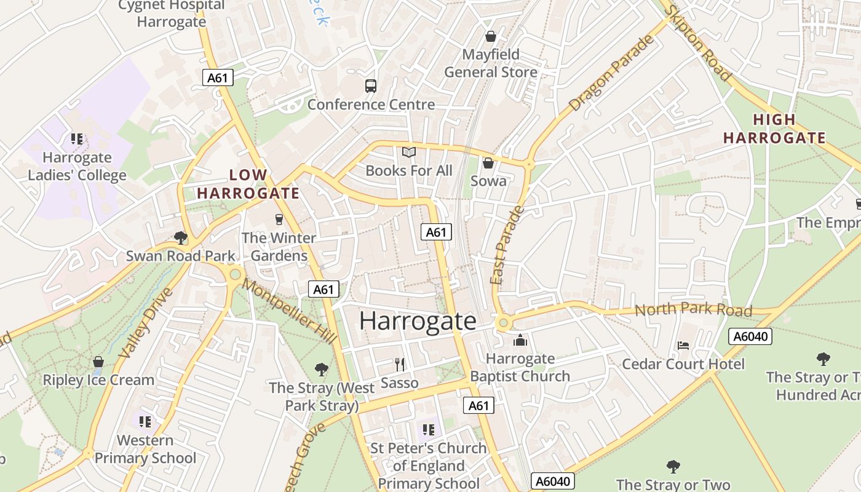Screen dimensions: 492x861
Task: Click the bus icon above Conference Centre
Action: coord(370,86)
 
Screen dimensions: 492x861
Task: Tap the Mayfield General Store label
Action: coord(491,63)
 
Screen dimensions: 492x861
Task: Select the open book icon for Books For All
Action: coord(409,152)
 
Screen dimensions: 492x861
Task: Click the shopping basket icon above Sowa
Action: coord(488,163)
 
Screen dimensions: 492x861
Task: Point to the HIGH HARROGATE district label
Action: coord(774,129)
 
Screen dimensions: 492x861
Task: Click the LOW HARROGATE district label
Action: coord(248,184)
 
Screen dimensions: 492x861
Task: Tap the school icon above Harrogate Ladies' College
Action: coord(77,139)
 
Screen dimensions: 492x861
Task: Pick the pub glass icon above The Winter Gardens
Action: coord(279,219)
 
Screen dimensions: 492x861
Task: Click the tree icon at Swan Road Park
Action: coord(180,237)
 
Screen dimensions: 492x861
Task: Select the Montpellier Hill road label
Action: coord(289,311)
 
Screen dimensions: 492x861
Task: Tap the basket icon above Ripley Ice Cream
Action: coord(98,362)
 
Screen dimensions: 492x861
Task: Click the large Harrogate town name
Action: coord(418,320)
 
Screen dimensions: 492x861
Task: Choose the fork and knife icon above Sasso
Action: coord(400,365)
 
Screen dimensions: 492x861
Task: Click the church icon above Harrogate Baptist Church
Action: coord(520,340)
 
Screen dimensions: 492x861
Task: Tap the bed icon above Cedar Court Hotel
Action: coord(683,346)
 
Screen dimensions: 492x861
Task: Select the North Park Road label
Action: coord(693,309)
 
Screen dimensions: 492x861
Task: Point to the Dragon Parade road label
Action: coord(612,74)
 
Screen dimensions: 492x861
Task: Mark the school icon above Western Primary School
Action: coord(145,422)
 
